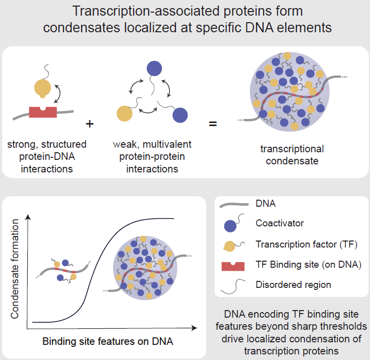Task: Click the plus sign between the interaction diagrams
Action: coord(91,123)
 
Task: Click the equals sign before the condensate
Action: coord(213,123)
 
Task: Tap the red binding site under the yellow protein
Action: coord(43,111)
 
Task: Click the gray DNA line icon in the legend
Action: coord(233,203)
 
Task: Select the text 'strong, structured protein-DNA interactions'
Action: coord(47,156)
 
